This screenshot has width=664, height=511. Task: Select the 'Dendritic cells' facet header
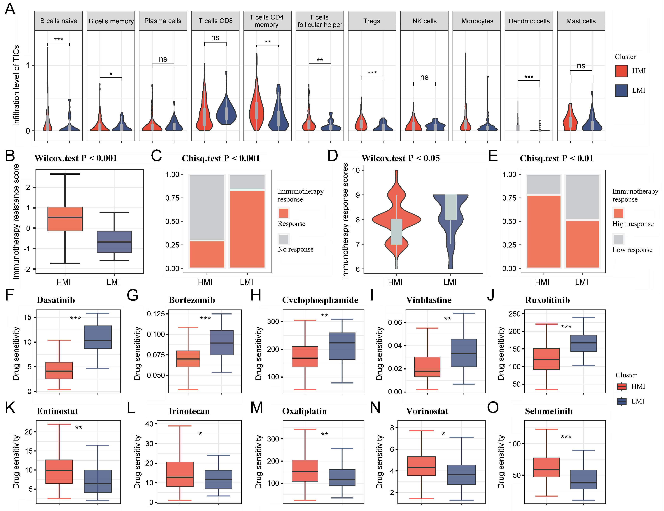coord(529,21)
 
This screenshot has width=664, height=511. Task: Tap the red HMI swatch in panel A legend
coord(621,71)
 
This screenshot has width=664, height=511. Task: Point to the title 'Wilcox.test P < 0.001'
coord(76,158)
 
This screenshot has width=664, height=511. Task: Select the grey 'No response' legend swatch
coord(283,239)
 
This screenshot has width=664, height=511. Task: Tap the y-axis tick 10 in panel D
coord(356,170)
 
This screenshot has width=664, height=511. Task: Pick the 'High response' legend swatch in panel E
coord(618,213)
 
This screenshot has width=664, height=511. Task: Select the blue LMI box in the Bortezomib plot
coord(221,343)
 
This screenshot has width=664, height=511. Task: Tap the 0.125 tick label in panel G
coord(156,314)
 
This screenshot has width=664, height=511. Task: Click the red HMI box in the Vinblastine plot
coord(427,367)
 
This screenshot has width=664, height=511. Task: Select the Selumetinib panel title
coord(549,411)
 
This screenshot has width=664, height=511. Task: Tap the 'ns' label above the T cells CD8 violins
coord(215,38)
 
